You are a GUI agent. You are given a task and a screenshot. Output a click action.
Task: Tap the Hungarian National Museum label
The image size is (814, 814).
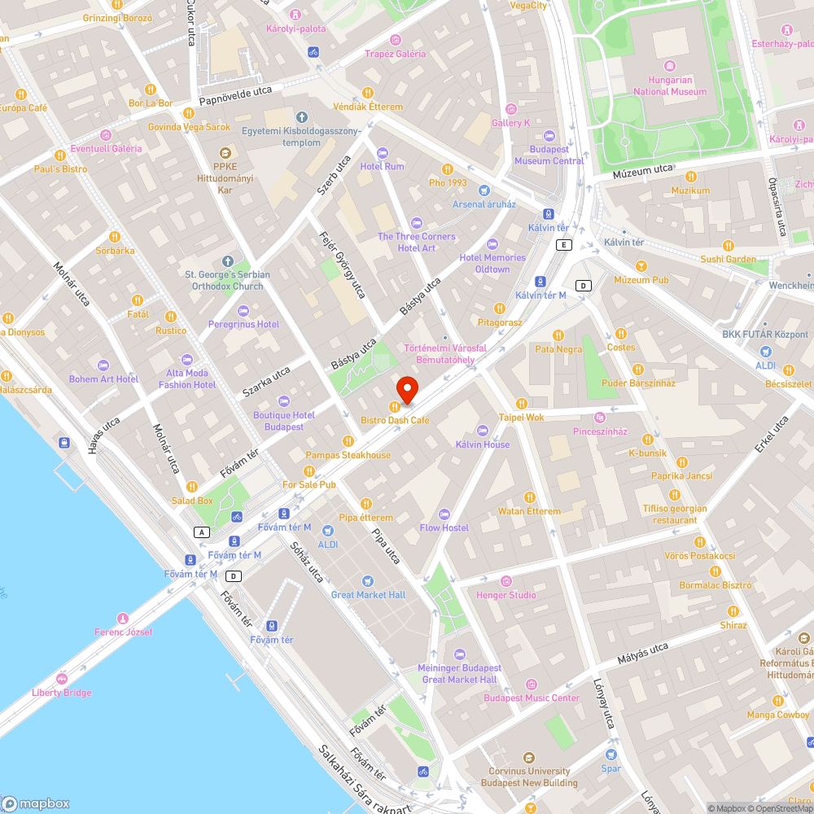coord(670,86)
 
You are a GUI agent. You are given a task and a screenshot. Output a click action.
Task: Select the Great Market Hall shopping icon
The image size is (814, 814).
coord(368,580)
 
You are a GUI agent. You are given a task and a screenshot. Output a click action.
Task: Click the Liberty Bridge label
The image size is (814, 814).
coord(62,693)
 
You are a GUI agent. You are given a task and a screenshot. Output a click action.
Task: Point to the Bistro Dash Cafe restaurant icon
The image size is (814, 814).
coord(395,406)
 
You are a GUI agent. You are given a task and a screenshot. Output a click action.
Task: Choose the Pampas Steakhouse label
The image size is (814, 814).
coord(348,455)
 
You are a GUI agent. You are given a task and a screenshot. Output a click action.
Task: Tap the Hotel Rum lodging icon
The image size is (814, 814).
coord(383,152)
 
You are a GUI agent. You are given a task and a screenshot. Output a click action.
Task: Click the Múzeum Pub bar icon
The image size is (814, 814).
coord(641,266)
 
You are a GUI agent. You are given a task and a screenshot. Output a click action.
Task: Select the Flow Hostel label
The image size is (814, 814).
coord(444,527)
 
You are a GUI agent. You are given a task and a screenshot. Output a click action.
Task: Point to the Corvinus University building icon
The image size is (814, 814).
coord(529,758)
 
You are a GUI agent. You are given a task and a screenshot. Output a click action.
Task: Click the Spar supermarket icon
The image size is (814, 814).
coord(611,754)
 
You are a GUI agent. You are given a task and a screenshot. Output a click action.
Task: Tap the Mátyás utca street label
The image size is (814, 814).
coord(642,648)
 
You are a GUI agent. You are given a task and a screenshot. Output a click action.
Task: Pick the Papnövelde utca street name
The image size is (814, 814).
coord(236,94)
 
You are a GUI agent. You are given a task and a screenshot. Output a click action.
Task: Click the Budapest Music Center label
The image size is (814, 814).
coord(532,698)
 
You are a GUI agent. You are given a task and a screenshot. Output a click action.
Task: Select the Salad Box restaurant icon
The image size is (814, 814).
coord(192,487)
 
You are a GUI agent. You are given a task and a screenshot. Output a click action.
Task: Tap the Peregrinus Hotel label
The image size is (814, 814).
coord(244,324)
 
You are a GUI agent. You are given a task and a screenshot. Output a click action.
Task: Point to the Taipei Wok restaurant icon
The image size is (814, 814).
coord(522,403)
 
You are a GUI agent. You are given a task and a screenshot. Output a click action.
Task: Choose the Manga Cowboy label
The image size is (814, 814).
coord(778,715)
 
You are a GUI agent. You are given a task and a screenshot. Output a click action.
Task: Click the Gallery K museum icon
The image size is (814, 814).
coord(511,109)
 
